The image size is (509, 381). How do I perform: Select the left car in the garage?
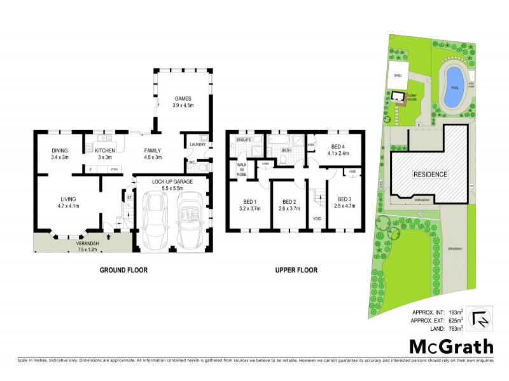(154, 222)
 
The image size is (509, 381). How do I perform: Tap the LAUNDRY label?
(196, 145)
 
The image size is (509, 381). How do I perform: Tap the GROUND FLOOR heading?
(123, 270)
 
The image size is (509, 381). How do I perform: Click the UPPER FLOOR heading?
(296, 270)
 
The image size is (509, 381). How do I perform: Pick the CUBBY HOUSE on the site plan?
(400, 97)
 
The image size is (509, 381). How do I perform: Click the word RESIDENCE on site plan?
(431, 174)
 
